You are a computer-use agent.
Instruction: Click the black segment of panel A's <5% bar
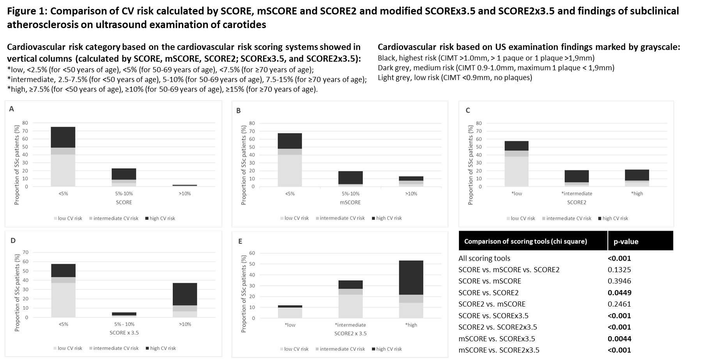click(63, 137)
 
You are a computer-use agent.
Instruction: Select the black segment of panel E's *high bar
click(411, 277)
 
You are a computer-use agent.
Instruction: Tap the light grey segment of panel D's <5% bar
click(63, 300)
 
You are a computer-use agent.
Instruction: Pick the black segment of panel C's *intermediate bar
click(577, 176)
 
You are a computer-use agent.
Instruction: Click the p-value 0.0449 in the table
click(619, 293)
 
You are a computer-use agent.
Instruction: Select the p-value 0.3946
click(619, 281)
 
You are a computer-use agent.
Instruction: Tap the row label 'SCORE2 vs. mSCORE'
click(492, 304)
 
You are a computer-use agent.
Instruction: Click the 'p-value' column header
click(626, 241)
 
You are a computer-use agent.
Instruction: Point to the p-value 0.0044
click(619, 339)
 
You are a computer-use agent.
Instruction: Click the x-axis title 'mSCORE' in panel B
click(350, 202)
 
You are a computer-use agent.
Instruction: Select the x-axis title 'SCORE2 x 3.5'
click(350, 333)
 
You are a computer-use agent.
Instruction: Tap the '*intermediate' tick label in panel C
click(577, 193)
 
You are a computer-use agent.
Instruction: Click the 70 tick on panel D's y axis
click(26, 252)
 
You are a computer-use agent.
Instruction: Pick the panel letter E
click(240, 241)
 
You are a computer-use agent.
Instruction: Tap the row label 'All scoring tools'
click(484, 258)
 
